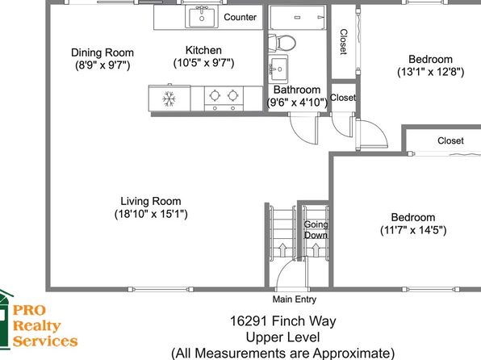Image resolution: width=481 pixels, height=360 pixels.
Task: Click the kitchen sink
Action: click(x=202, y=17)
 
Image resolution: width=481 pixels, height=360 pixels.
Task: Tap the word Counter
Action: click(x=240, y=17)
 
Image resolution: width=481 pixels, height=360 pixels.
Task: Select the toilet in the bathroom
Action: click(x=282, y=43)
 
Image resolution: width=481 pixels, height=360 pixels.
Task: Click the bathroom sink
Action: click(x=278, y=69)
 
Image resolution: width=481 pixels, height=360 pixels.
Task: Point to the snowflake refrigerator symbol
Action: click(x=169, y=99)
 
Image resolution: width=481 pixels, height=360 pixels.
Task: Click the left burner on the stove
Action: click(x=215, y=95)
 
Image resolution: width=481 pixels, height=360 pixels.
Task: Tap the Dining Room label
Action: click(x=102, y=52)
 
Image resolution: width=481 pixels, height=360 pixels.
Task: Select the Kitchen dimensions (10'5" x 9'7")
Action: click(x=203, y=63)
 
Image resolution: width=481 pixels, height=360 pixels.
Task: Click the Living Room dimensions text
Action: click(x=151, y=214)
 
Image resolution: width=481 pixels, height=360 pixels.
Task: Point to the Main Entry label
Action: click(x=295, y=299)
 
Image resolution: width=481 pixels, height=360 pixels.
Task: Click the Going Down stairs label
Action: click(x=316, y=229)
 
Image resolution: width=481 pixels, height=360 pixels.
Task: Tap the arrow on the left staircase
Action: click(x=282, y=249)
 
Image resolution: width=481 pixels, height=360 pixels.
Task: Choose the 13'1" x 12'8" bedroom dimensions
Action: click(x=431, y=72)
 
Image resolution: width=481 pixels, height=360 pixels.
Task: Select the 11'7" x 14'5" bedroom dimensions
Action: click(x=413, y=230)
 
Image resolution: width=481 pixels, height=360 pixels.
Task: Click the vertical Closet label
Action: click(x=344, y=42)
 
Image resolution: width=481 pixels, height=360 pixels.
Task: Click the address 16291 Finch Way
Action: click(x=282, y=321)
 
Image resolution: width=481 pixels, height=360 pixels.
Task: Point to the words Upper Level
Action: click(x=282, y=337)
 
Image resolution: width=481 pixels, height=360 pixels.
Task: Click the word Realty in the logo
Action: click(x=37, y=325)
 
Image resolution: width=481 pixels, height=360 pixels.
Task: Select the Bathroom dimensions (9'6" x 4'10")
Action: click(x=297, y=103)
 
